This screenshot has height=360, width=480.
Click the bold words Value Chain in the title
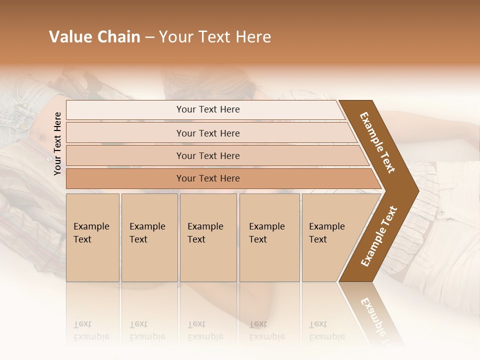pyautogui.click(x=94, y=37)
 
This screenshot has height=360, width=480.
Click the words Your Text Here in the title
pyautogui.click(x=215, y=37)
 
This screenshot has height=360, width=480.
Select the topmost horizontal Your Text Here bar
pyautogui.click(x=208, y=109)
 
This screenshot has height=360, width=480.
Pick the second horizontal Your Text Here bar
pyautogui.click(x=208, y=133)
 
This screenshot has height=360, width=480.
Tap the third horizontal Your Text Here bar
pyautogui.click(x=208, y=155)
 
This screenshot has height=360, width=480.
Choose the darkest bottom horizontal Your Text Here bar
pyautogui.click(x=208, y=178)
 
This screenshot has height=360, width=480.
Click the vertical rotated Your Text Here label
pyautogui.click(x=57, y=143)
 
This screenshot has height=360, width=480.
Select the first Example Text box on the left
pyautogui.click(x=92, y=237)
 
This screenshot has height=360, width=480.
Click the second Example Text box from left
pyautogui.click(x=149, y=237)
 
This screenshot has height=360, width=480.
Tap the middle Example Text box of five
pyautogui.click(x=208, y=237)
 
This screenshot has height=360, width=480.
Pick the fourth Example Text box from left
pyautogui.click(x=269, y=237)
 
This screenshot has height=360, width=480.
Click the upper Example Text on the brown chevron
pyautogui.click(x=377, y=142)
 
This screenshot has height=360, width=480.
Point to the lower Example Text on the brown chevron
pyautogui.click(x=379, y=236)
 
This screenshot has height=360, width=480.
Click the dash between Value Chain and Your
pyautogui.click(x=149, y=37)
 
